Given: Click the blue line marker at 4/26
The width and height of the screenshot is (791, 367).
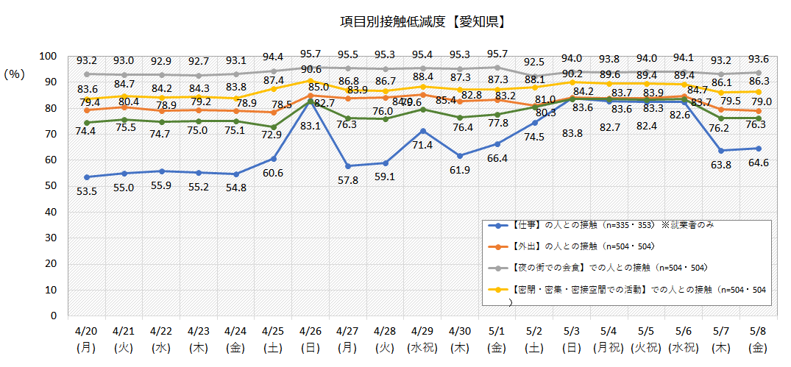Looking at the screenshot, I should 310,102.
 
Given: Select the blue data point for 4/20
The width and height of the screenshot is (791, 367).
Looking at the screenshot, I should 87,177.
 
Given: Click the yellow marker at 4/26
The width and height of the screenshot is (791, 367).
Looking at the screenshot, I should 310,81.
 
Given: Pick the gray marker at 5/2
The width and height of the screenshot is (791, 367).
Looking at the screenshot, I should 534,76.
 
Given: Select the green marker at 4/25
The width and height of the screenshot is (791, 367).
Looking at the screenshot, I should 273,127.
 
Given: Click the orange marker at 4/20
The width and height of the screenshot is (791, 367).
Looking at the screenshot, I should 87,110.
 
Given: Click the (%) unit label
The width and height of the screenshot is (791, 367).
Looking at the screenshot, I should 15,74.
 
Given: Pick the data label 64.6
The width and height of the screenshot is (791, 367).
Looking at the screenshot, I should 759,163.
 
